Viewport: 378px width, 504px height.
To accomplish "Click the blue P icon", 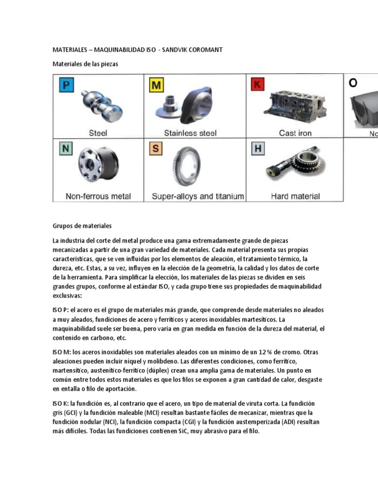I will (x=65, y=86).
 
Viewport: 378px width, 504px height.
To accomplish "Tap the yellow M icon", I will (x=156, y=86).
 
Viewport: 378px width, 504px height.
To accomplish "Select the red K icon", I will (x=257, y=85).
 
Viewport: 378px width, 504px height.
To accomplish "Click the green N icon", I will (x=65, y=148).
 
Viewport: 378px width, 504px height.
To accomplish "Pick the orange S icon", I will (x=156, y=148).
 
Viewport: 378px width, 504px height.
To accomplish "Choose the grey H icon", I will (x=257, y=148).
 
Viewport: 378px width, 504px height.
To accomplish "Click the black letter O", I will (x=353, y=83).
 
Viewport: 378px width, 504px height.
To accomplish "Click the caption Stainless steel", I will (x=190, y=133).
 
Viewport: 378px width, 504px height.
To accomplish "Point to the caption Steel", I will (x=98, y=133).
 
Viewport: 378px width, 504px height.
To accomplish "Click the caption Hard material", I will (x=295, y=196).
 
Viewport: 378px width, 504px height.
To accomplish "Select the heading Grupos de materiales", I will (x=82, y=226).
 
